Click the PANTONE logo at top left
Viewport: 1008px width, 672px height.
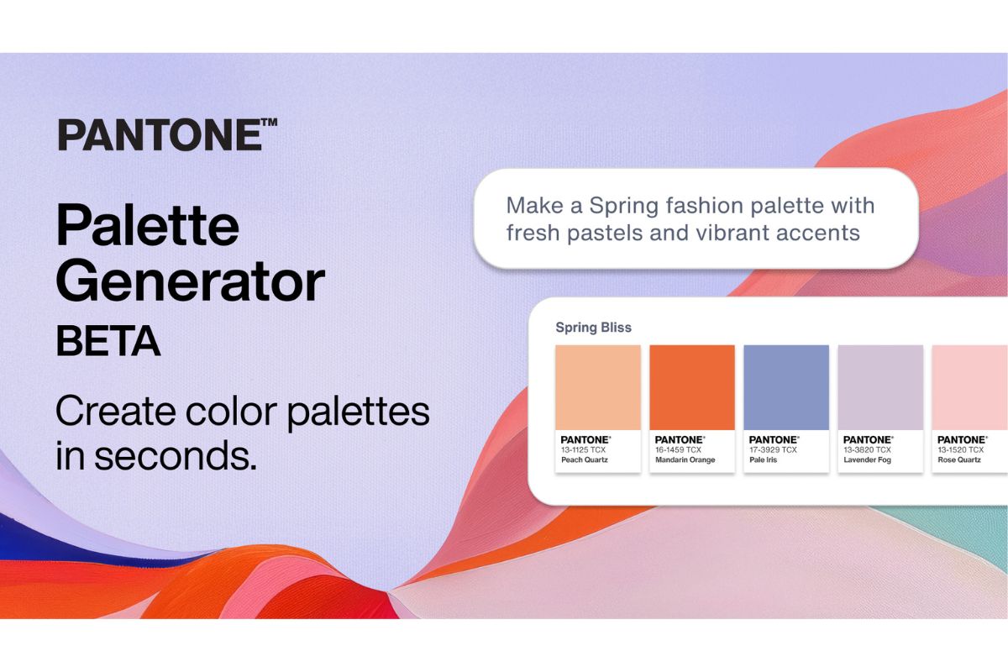coord(167,135)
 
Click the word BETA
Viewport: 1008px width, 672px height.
coord(108,342)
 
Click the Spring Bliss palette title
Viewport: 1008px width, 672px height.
coord(593,327)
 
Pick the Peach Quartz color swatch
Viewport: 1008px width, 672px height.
coord(598,387)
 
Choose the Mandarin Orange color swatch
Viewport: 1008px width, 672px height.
coord(692,387)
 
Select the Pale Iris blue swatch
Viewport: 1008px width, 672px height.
coord(786,387)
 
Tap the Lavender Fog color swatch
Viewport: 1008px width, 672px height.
coord(880,387)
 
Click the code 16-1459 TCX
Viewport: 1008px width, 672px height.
coord(679,449)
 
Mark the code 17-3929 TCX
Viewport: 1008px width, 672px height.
coord(773,449)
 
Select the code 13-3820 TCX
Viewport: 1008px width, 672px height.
coord(867,449)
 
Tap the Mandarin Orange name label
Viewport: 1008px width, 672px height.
coord(685,460)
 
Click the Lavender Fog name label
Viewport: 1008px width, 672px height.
coord(868,460)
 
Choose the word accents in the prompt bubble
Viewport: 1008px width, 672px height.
coord(819,233)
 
